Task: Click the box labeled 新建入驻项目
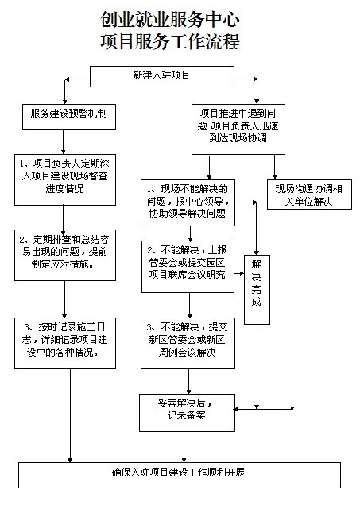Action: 162,76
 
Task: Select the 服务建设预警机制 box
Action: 69,117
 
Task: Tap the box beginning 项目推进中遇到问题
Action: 238,129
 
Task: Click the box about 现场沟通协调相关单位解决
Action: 309,195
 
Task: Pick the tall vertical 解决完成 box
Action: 257,290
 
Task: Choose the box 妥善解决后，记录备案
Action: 187,413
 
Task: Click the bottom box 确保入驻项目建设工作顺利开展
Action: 180,475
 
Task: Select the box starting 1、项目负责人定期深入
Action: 65,180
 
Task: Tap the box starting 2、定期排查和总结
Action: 65,255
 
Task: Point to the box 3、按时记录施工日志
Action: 65,344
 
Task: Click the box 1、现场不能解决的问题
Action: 188,202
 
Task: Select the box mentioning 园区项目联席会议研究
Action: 188,267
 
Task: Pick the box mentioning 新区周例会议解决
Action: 188,344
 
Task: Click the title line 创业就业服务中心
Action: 170,20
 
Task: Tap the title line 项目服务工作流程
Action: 170,42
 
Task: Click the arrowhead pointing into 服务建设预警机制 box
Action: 65,102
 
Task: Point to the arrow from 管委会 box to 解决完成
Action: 239,273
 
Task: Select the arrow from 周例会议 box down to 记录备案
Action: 188,381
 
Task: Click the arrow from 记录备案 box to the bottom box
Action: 184,447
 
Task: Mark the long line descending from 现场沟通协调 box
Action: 292,309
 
